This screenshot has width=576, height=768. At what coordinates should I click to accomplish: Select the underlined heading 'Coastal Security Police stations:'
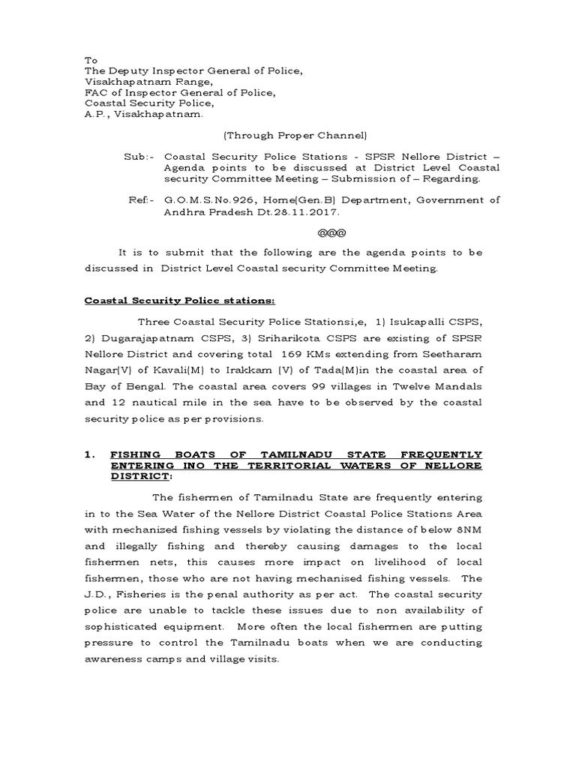tap(180, 300)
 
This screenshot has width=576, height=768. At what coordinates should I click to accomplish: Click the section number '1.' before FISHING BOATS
tap(88, 454)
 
